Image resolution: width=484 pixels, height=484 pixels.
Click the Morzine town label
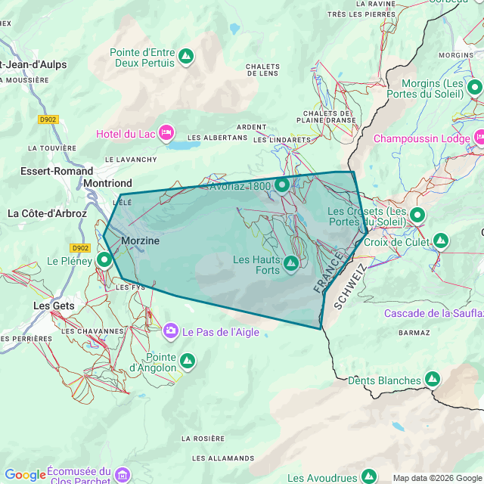click(141, 240)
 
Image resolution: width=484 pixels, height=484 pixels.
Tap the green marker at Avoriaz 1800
click(282, 185)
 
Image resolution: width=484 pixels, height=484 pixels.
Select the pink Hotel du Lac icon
click(167, 134)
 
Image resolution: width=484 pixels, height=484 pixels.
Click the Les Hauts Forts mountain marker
click(290, 262)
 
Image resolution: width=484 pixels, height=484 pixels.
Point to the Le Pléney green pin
click(104, 259)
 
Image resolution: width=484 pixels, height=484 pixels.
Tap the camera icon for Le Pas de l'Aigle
click(171, 330)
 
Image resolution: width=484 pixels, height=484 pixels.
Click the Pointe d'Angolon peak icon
click(187, 361)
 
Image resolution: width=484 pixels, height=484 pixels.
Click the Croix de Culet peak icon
click(441, 241)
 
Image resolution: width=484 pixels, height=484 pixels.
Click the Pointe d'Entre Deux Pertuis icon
click(185, 56)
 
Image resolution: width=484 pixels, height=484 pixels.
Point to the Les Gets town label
click(54, 306)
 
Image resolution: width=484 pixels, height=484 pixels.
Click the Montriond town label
click(107, 183)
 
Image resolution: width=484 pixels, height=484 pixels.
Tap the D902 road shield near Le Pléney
click(80, 247)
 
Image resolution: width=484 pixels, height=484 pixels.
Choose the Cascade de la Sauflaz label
click(433, 313)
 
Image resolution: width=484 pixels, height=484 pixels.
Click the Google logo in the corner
click(24, 475)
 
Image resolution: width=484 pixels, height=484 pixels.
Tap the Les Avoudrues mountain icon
click(369, 476)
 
